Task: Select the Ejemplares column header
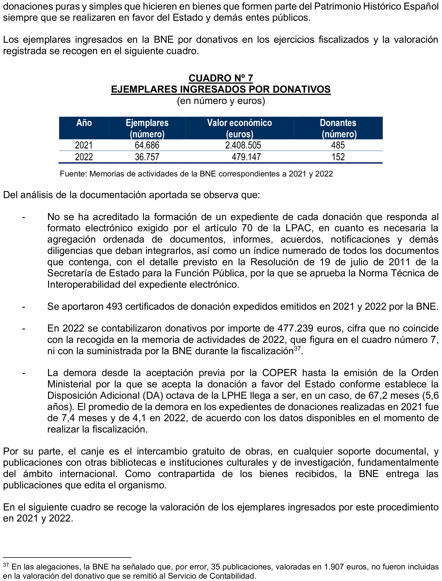pos(147,128)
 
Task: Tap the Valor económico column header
pos(239,128)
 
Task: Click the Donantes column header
pos(338,128)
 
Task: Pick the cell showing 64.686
pos(147,145)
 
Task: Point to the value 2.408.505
pos(243,145)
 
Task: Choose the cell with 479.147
pos(246,157)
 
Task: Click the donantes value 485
pos(338,145)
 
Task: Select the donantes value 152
pos(338,157)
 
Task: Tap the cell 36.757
pos(147,157)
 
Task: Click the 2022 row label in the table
pos(84,157)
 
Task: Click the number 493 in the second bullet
pos(114,307)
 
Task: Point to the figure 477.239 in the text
pos(295,328)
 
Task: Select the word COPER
pos(279,373)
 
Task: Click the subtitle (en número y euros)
pos(221,101)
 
